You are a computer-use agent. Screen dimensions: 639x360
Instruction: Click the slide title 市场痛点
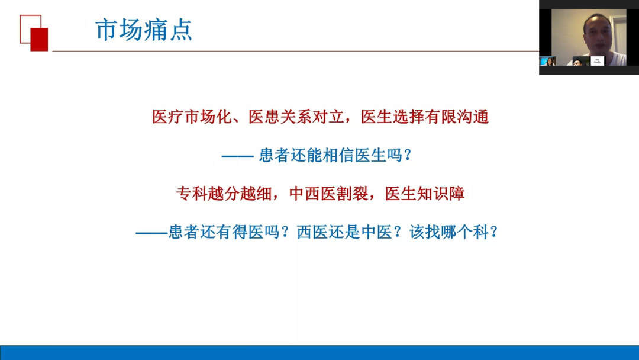[x=143, y=30]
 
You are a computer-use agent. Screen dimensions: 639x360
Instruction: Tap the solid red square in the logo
[x=39, y=40]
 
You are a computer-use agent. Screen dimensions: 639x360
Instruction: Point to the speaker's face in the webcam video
[x=598, y=34]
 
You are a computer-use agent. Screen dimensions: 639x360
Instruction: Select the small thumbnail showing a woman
[x=548, y=61]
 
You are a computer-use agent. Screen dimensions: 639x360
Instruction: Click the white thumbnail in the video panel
[x=598, y=61]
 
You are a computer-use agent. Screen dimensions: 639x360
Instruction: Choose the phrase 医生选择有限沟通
[x=425, y=117]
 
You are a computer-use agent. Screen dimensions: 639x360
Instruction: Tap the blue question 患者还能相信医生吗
[x=331, y=155]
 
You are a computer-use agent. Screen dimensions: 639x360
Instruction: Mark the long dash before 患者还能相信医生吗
[x=238, y=156]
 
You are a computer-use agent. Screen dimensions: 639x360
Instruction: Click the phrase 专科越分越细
[x=224, y=194]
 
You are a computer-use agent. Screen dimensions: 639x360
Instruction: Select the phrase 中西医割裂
[x=328, y=194]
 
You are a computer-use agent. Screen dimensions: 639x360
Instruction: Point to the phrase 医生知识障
[x=425, y=194]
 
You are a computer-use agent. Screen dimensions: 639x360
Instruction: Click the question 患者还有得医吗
[x=224, y=232]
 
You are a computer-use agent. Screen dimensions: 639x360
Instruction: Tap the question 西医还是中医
[x=344, y=232]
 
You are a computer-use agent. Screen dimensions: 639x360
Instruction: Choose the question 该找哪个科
[x=448, y=232]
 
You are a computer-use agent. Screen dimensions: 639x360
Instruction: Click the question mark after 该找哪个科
[x=494, y=232]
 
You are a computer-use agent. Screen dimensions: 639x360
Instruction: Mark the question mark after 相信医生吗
[x=408, y=155]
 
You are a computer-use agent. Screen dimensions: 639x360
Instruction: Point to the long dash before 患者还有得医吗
[x=151, y=232]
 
